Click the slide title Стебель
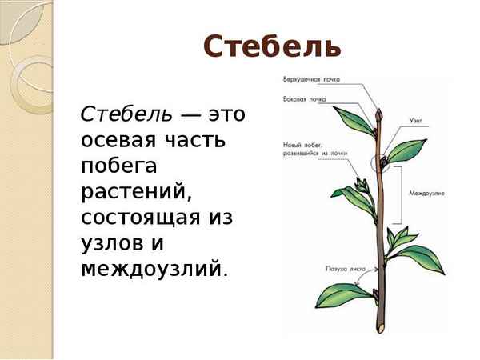tap(272, 46)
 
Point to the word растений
tap(133, 191)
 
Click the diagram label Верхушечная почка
tap(310, 79)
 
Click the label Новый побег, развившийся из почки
tap(314, 149)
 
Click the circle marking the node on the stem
tap(382, 164)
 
